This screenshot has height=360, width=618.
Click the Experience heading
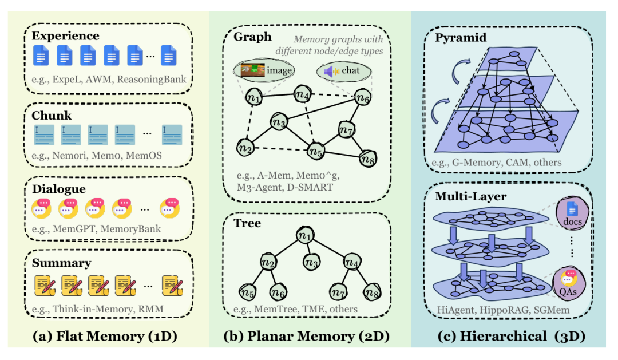(x=65, y=36)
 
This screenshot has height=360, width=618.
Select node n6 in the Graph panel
(x=363, y=97)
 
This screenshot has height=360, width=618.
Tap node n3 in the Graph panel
(x=279, y=122)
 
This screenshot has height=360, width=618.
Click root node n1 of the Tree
(x=305, y=235)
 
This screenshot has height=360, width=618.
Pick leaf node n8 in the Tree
(x=372, y=292)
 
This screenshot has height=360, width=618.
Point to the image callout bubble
(x=264, y=70)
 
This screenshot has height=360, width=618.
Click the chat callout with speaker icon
(x=344, y=71)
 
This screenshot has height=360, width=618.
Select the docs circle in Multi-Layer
(x=572, y=213)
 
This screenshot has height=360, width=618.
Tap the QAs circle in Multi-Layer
(x=568, y=283)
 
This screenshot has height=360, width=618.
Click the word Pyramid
(x=461, y=38)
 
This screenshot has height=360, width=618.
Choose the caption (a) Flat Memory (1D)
(x=105, y=336)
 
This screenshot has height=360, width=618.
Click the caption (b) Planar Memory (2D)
(x=306, y=336)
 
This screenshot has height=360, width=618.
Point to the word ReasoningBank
(x=151, y=79)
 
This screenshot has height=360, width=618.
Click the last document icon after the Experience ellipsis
(x=169, y=55)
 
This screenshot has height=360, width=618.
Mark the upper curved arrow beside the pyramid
(x=460, y=70)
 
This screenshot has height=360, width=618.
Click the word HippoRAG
(x=504, y=310)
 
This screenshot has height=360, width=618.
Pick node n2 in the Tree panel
(x=268, y=262)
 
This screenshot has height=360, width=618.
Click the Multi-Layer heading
(x=470, y=196)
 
